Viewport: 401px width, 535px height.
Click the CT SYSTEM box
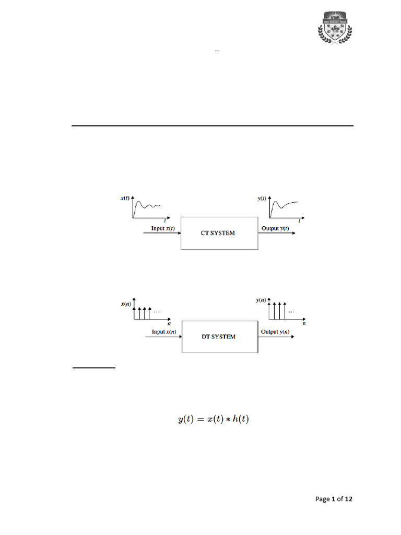219,233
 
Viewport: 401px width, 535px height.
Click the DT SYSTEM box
219,336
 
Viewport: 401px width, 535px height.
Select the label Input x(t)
163,229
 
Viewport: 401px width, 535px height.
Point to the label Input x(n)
163,332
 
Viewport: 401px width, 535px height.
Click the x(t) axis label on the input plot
126,199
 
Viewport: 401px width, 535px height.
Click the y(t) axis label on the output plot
262,199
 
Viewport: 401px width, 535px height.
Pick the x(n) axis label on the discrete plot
126,304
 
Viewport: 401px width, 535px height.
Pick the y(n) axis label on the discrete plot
262,300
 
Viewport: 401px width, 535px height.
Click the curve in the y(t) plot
285,204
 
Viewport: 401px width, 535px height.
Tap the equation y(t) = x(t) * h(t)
213,419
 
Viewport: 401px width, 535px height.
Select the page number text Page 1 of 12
334,499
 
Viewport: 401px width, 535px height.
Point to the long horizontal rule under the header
212,126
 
